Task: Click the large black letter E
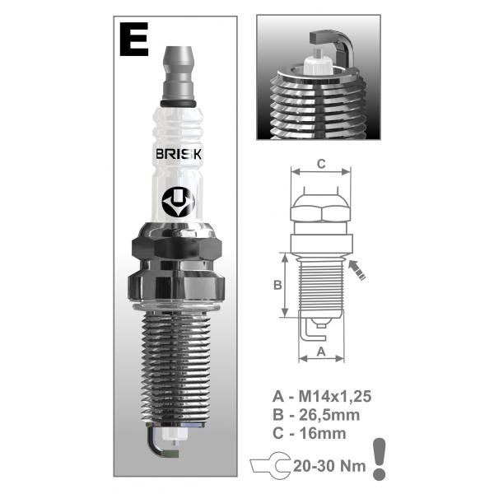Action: tap(134, 39)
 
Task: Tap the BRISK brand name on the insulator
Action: tap(179, 154)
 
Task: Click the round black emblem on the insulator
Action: tap(179, 202)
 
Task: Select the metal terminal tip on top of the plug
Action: tap(179, 73)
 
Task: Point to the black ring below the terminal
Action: tap(179, 104)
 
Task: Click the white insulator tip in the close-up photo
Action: tap(318, 63)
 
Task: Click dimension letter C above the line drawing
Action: tap(321, 164)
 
